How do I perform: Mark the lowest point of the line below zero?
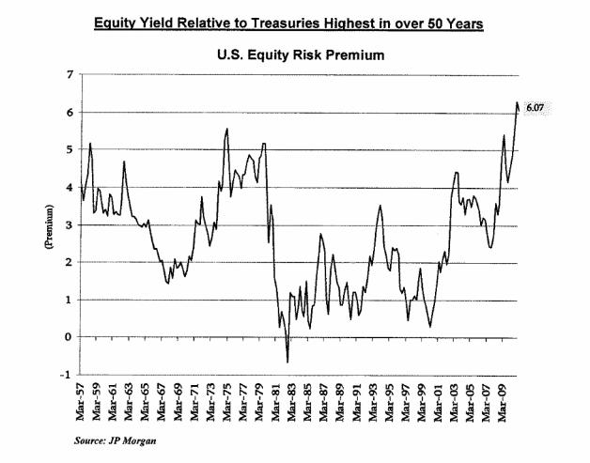(287, 362)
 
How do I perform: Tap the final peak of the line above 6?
(516, 102)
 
